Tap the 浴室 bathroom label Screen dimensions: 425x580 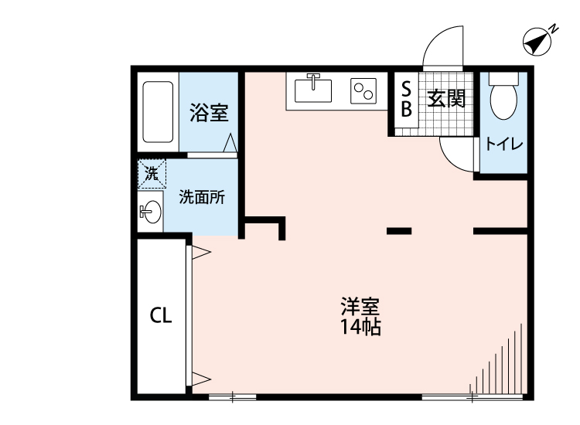(208, 114)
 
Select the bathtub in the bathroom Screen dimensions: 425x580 (158, 112)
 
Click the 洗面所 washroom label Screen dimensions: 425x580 (202, 196)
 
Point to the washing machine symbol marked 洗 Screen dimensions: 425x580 (152, 174)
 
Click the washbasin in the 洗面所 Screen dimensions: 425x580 (151, 212)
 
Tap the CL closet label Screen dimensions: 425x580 (160, 314)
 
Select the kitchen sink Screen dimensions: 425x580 (313, 90)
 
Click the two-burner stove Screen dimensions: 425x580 (363, 91)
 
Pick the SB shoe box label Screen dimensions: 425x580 (405, 99)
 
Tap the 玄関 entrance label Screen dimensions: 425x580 (445, 99)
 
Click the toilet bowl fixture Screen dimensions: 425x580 (504, 97)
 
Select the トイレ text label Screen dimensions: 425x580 (503, 144)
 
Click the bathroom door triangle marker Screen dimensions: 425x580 (230, 144)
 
